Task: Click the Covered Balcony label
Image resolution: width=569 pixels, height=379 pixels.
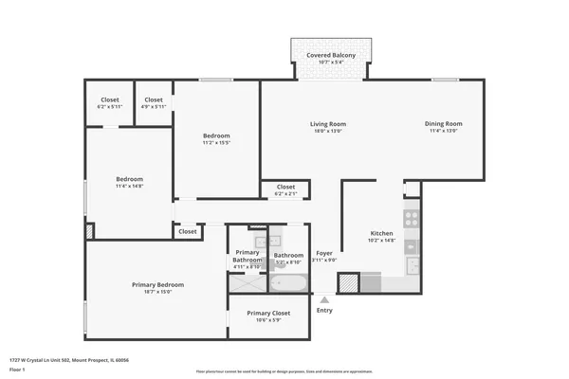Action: point(331,56)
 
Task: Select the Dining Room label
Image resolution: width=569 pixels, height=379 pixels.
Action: point(443,124)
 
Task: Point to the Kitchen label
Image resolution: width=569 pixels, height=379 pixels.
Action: point(381,233)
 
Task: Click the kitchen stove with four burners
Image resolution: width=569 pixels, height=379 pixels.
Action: point(412,217)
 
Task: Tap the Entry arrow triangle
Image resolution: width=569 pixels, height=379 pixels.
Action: point(324,299)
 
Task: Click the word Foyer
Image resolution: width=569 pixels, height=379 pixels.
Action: point(324,254)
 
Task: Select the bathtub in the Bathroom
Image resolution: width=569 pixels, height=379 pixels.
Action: point(287,283)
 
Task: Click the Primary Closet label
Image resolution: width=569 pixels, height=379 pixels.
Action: point(268,313)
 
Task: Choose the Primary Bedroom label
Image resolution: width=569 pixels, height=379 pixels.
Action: point(157,284)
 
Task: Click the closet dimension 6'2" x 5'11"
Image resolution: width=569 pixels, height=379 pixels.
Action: point(110,107)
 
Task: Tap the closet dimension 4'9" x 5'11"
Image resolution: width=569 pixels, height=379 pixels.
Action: point(153,107)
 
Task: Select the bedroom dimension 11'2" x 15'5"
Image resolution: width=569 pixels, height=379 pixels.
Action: point(216,144)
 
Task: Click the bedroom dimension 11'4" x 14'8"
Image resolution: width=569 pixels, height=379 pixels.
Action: point(130,187)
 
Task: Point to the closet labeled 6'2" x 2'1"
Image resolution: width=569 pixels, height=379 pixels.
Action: point(285,194)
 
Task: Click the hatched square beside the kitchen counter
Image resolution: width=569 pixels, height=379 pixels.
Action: point(348,281)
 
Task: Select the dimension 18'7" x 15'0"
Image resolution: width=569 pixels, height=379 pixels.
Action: point(157,292)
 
